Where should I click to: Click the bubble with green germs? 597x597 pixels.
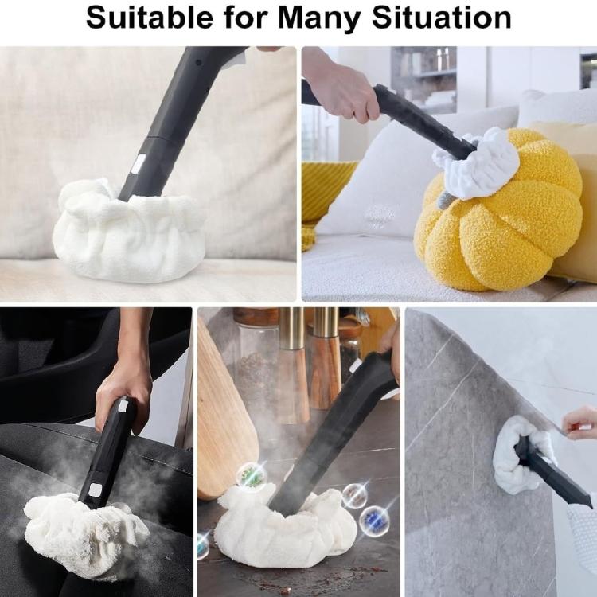point(252,476)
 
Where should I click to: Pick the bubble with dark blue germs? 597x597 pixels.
point(375,521)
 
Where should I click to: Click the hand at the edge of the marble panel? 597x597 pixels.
point(581,422)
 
